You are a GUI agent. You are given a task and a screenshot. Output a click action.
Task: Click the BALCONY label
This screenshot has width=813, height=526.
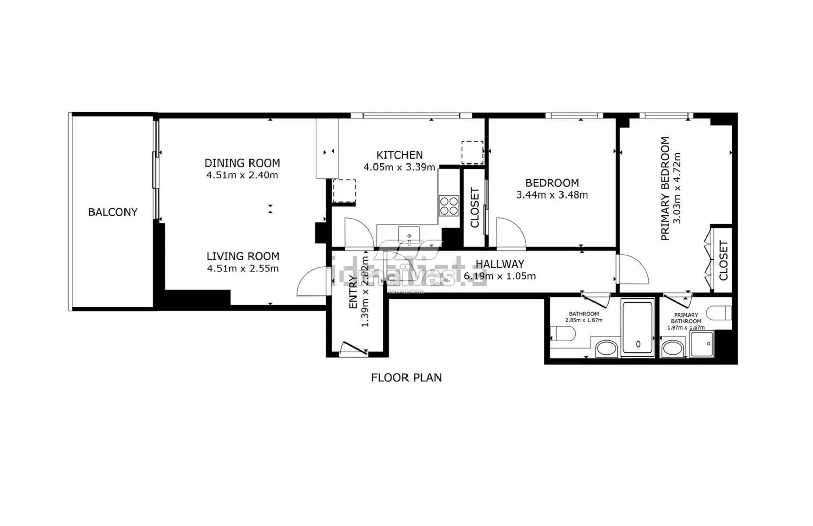click(113, 212)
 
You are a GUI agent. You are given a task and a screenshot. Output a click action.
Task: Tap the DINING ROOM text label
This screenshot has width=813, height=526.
click(242, 163)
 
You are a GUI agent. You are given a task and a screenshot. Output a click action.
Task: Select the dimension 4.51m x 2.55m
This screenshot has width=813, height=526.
click(243, 269)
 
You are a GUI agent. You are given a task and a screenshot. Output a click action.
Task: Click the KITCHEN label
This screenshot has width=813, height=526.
click(399, 155)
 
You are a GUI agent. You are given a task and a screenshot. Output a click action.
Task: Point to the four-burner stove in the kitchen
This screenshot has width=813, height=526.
click(449, 206)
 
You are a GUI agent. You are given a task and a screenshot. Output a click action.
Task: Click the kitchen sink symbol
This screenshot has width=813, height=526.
click(409, 236)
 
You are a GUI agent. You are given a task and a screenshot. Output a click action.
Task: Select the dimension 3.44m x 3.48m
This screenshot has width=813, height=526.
click(552, 195)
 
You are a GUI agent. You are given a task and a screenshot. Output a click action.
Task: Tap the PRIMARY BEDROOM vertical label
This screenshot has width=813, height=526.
click(665, 188)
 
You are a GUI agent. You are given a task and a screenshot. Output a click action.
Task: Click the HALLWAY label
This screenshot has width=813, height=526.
click(499, 264)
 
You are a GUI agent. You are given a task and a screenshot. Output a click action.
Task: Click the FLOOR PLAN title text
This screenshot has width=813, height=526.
click(406, 378)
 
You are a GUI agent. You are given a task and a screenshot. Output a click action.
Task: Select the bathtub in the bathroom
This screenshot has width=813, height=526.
click(638, 327)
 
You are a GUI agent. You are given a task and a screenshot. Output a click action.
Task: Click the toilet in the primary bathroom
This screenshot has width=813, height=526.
click(720, 313)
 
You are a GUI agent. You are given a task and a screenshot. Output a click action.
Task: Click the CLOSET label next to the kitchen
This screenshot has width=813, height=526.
click(475, 208)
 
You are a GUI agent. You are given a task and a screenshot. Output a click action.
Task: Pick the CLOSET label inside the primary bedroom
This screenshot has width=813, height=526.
click(724, 260)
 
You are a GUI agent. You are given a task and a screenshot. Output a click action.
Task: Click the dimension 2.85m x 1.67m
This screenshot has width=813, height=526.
click(583, 320)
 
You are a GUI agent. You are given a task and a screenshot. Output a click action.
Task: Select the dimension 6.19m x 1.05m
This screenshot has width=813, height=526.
click(499, 277)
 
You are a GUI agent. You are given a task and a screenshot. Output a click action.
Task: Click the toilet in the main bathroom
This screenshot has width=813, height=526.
click(563, 334)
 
